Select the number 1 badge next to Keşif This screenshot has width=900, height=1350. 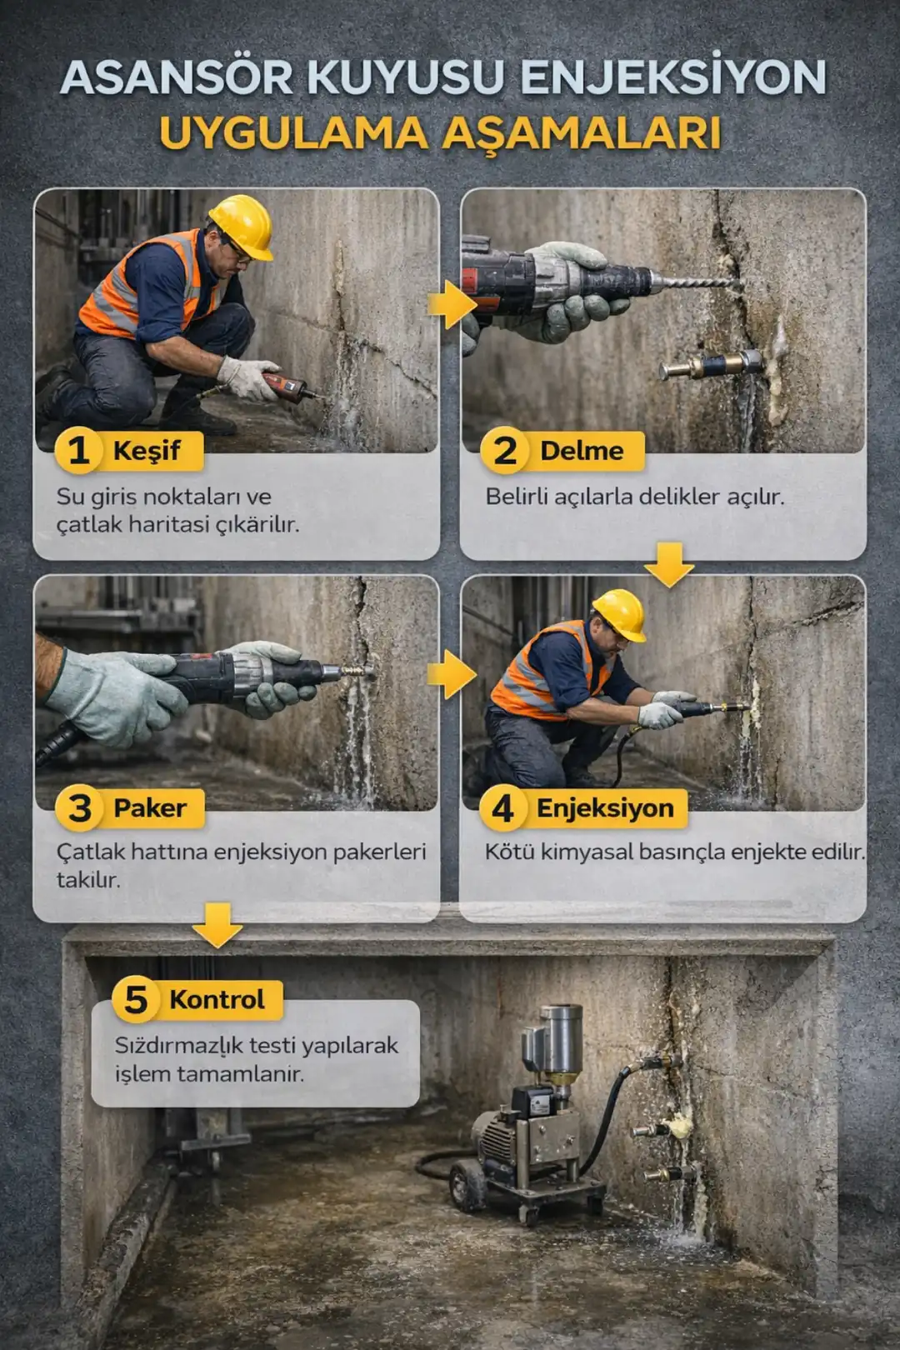(x=78, y=451)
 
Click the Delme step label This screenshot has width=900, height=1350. (x=581, y=451)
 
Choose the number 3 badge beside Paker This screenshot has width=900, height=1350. (x=79, y=807)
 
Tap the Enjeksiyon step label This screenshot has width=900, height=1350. (x=604, y=807)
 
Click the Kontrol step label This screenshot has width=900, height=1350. (x=217, y=999)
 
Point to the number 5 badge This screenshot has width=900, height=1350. (x=136, y=999)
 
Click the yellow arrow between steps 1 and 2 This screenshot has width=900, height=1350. (x=451, y=304)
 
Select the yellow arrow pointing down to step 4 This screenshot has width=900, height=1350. (x=669, y=563)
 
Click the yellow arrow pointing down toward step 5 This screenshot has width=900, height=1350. (x=217, y=923)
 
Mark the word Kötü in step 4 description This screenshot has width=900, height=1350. (x=510, y=852)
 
